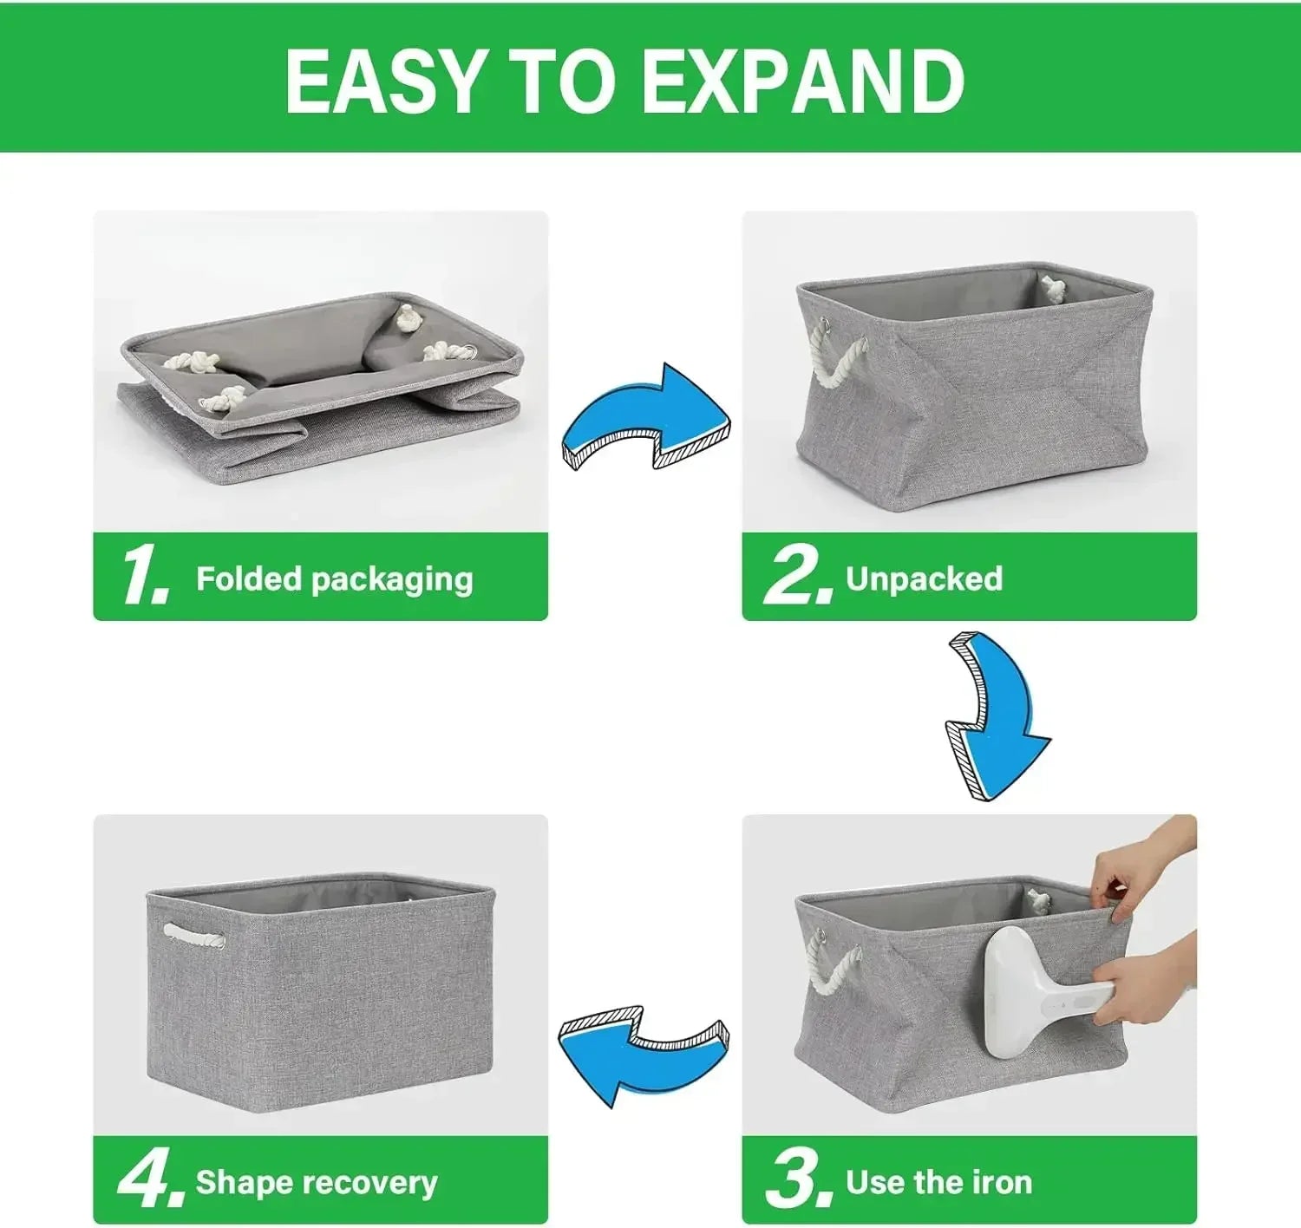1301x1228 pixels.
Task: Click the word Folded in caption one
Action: (248, 578)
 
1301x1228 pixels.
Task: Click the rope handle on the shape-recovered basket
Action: (192, 932)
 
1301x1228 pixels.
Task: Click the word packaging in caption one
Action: (392, 580)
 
